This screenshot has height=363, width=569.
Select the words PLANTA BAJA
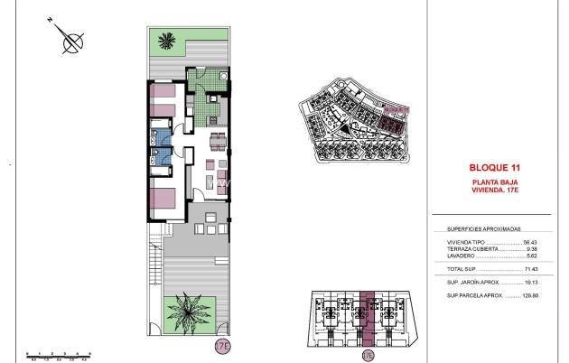pos(493,182)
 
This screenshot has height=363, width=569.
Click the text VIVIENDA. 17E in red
pos(493,191)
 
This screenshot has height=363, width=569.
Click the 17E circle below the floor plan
pos(222,345)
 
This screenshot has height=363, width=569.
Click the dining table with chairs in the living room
pos(218,140)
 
